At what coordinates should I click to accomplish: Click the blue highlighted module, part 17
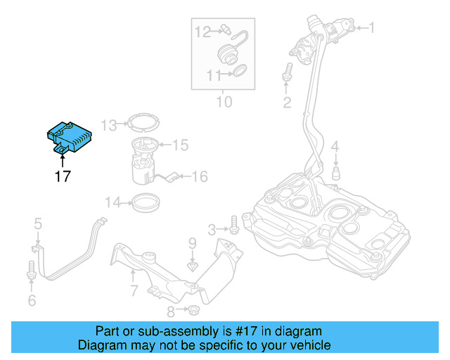coord(70,136)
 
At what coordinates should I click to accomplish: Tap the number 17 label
coord(63,176)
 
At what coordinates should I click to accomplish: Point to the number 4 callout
coord(335,146)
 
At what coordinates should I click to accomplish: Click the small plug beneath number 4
coord(335,172)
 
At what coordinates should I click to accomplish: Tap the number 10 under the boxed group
coord(223,102)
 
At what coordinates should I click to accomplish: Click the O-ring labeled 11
coord(239,70)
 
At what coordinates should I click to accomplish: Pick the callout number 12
coord(202,31)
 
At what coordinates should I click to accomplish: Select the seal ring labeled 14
coord(146,203)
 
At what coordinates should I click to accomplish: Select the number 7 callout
coord(134,290)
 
